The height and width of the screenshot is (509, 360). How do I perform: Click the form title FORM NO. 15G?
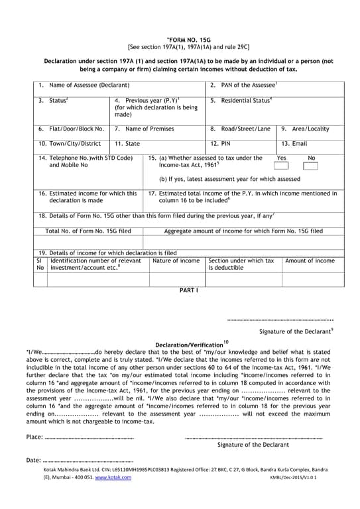(180, 40)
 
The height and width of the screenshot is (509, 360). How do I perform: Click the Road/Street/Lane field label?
(245, 129)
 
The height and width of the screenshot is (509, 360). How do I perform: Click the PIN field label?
(225, 143)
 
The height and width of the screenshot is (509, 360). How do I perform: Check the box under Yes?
(282, 166)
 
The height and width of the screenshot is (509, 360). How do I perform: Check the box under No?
(310, 166)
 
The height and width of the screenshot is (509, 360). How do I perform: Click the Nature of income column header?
(176, 260)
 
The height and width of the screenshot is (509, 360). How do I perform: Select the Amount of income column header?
(310, 260)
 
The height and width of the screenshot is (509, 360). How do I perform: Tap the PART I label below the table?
(189, 290)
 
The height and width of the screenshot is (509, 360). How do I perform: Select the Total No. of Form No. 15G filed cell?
(88, 231)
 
